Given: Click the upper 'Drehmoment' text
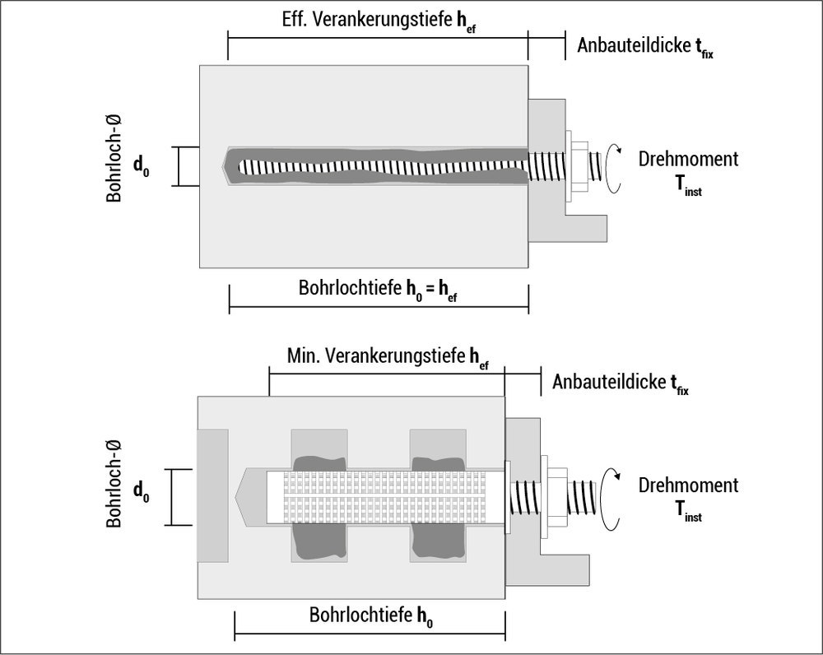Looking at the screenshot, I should [x=688, y=159].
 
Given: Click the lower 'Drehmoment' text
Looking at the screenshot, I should [x=688, y=485].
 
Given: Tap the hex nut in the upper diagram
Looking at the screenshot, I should [x=577, y=168].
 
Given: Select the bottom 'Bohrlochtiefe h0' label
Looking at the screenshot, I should [x=371, y=616].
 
